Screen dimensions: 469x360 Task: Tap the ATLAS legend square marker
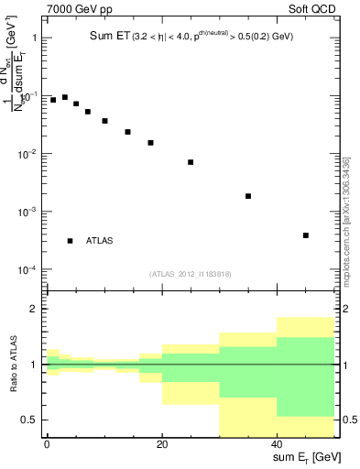click(70, 241)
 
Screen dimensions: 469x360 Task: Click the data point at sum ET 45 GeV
click(306, 235)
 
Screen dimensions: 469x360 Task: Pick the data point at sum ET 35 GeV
click(248, 196)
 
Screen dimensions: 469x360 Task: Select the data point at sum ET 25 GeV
click(191, 162)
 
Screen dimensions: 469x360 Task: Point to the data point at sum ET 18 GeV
click(150, 143)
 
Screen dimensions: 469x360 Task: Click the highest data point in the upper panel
click(64, 96)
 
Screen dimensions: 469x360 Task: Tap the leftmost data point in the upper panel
click(53, 100)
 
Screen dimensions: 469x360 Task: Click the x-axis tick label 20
click(162, 443)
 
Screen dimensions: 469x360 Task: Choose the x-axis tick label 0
click(47, 443)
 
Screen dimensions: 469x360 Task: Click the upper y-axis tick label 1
click(35, 38)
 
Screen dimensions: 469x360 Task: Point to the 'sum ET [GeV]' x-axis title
click(306, 457)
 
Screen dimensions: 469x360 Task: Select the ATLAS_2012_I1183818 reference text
click(191, 273)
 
